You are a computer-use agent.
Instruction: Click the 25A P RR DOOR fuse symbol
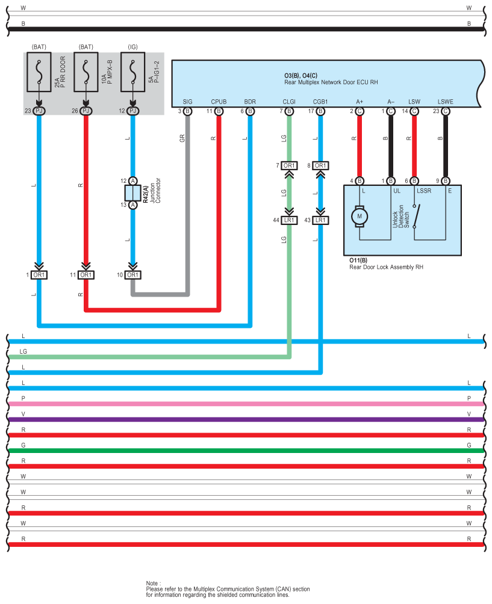pyautogui.click(x=39, y=72)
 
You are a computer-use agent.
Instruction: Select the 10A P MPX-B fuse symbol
pyautogui.click(x=86, y=72)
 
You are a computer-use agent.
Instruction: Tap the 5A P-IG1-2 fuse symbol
pyautogui.click(x=132, y=72)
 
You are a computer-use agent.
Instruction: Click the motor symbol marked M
pyautogui.click(x=360, y=216)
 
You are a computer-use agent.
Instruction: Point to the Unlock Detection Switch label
pyautogui.click(x=400, y=217)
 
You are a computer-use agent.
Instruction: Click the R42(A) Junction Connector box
pyautogui.click(x=132, y=193)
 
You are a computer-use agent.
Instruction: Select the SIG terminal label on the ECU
pyautogui.click(x=187, y=102)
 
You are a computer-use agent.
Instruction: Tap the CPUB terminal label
pyautogui.click(x=219, y=102)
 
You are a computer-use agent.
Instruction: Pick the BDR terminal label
pyautogui.click(x=250, y=102)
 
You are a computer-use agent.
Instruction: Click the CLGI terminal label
pyautogui.click(x=289, y=102)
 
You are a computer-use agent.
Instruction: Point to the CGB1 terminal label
pyautogui.click(x=320, y=102)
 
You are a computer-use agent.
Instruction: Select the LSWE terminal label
pyautogui.click(x=446, y=102)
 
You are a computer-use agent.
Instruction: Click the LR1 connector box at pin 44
pyautogui.click(x=289, y=220)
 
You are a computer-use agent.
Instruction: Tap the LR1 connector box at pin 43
pyautogui.click(x=320, y=220)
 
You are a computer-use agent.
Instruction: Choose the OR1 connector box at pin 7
pyautogui.click(x=289, y=165)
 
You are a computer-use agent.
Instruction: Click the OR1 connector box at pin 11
pyautogui.click(x=86, y=275)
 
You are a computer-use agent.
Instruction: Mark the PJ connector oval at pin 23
pyautogui.click(x=39, y=111)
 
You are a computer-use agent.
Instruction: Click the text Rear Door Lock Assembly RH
pyautogui.click(x=386, y=267)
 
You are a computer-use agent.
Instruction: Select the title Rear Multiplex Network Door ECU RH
pyautogui.click(x=331, y=82)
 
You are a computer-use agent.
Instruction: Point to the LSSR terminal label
pyautogui.click(x=424, y=191)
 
